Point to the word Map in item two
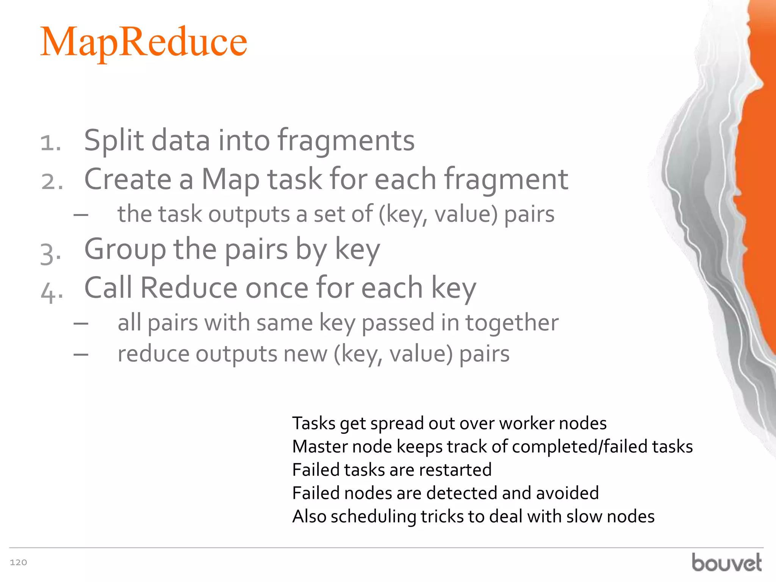pos(230,180)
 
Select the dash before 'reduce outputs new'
pos(81,355)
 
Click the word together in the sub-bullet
pos(512,323)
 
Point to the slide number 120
pos(18,562)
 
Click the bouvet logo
pos(726,562)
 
